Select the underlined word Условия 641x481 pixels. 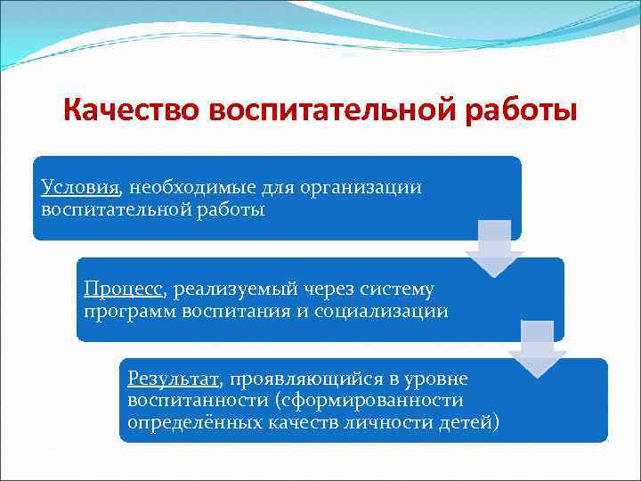coord(80,188)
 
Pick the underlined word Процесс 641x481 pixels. coord(124,289)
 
